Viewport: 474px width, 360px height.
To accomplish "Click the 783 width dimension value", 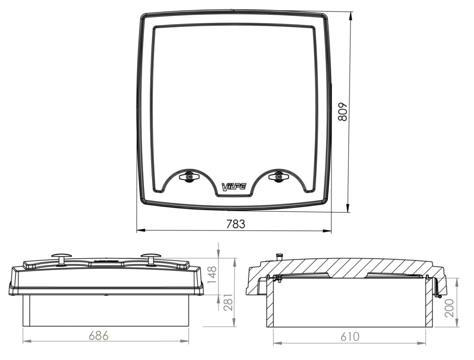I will click(236, 223).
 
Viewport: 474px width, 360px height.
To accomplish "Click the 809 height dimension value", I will click(343, 112).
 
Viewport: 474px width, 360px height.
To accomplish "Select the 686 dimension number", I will click(99, 335).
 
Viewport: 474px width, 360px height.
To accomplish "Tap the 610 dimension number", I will click(349, 337).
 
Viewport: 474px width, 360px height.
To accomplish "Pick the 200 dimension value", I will click(449, 307).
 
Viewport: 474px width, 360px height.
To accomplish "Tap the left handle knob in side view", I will click(61, 257).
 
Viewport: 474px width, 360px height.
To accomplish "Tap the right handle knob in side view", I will click(151, 257).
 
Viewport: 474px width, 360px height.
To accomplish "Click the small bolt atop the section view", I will click(279, 256).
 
